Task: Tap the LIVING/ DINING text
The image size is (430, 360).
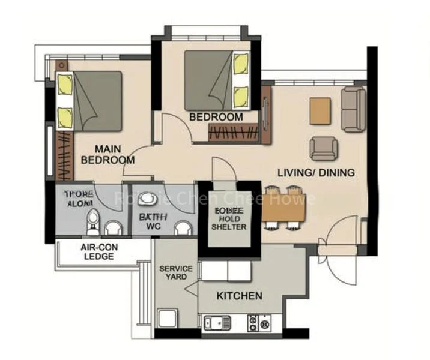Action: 315,173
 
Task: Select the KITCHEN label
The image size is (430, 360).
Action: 239,296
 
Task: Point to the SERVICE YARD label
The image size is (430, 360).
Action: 176,272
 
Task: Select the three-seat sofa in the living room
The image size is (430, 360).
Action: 353,109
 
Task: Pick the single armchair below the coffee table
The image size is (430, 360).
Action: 323,148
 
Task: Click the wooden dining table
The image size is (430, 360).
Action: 284,208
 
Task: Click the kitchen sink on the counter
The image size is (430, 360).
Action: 217,323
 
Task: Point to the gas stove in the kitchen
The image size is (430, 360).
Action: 260,323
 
